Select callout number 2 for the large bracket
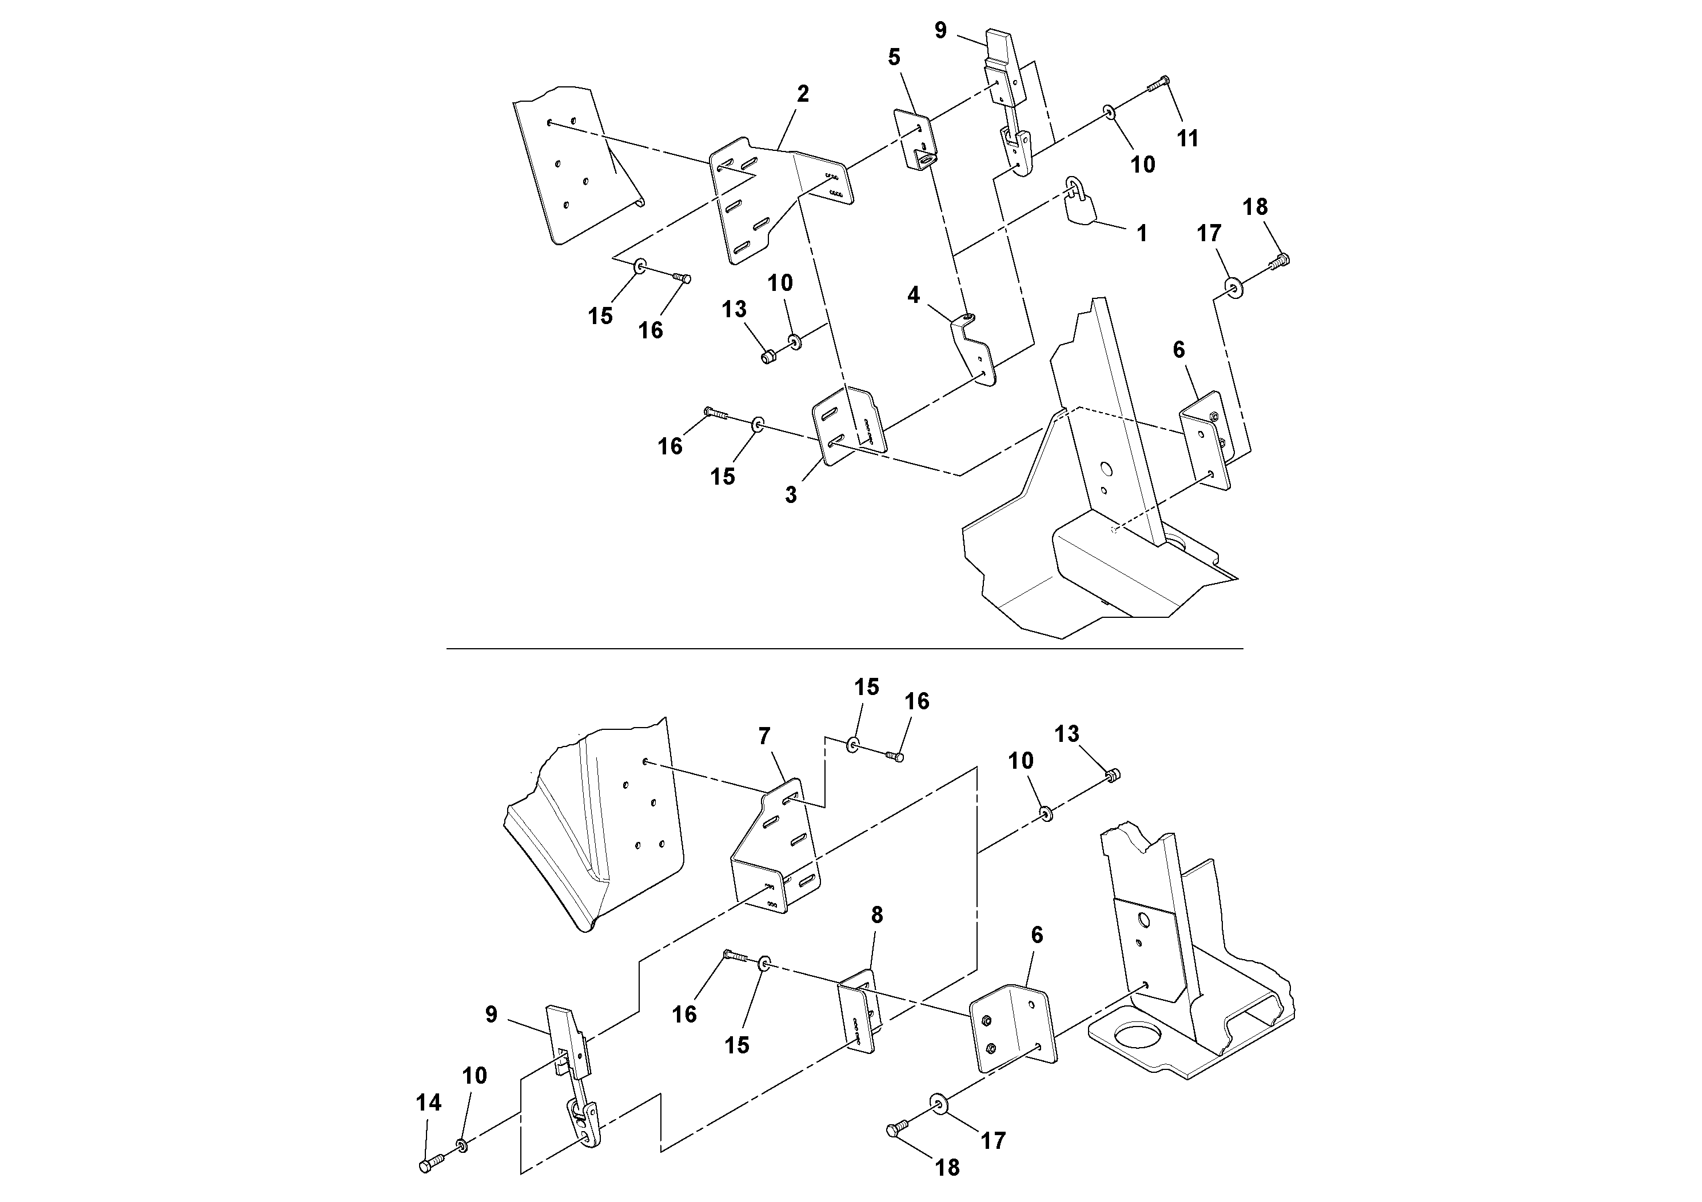point(803,94)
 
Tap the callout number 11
point(1187,138)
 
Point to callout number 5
point(894,57)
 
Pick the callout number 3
point(791,495)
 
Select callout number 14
point(428,1103)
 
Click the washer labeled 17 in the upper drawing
point(1234,287)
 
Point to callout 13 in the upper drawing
point(734,309)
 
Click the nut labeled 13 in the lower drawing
point(1113,775)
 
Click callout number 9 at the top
point(940,30)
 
